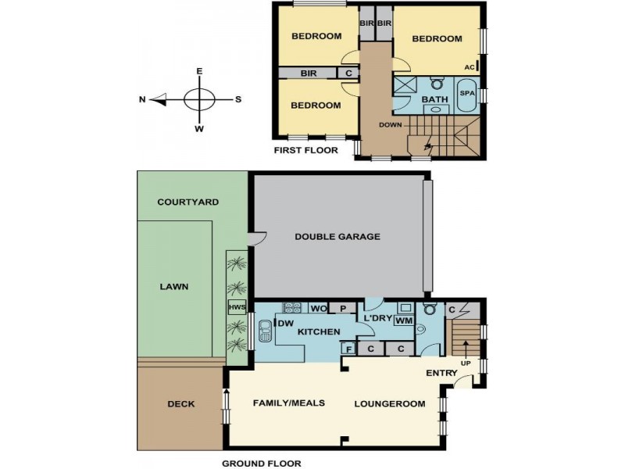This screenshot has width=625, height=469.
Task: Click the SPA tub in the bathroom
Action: click(x=467, y=95)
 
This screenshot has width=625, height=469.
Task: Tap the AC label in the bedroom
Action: click(x=470, y=67)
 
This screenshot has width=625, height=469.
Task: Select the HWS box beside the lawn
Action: click(x=237, y=307)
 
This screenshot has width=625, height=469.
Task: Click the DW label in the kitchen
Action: click(x=285, y=324)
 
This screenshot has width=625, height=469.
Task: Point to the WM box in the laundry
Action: click(x=403, y=321)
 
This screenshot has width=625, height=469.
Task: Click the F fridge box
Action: click(x=349, y=349)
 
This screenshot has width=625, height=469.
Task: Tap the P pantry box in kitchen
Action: click(x=343, y=308)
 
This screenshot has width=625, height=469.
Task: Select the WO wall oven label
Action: click(x=319, y=309)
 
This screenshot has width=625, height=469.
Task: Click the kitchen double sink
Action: click(x=265, y=331)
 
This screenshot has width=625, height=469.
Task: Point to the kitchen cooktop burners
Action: click(x=292, y=307)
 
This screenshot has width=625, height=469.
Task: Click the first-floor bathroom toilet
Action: click(x=437, y=84)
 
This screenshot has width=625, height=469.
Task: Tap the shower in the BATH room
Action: click(x=405, y=87)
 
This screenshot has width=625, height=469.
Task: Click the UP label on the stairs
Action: click(x=466, y=363)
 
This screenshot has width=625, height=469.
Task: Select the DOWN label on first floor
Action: click(x=390, y=125)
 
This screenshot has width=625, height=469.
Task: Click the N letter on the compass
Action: click(x=142, y=100)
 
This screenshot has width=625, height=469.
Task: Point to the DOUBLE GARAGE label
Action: click(x=337, y=237)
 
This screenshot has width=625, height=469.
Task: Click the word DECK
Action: click(x=181, y=404)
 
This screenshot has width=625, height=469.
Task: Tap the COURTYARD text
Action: click(x=188, y=202)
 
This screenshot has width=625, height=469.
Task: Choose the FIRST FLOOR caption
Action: click(x=306, y=150)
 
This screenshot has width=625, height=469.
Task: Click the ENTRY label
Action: click(x=441, y=373)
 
